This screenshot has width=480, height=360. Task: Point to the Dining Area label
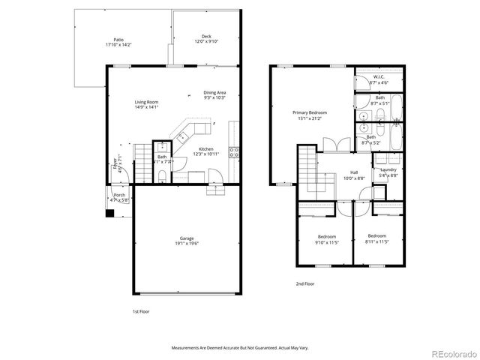214,94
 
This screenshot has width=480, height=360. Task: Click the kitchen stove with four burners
234,152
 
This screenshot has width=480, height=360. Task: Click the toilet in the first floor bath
162,176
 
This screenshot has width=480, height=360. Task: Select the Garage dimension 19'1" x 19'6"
187,243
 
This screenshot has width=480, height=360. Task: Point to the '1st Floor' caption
141,310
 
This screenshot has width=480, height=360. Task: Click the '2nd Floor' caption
304,284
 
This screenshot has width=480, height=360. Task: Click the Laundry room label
388,172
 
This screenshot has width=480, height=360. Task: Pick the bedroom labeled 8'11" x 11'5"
376,238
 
